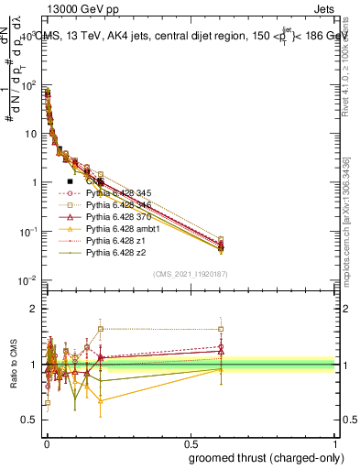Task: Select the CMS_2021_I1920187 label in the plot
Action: coord(191,273)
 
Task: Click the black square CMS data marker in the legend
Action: coord(70,181)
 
